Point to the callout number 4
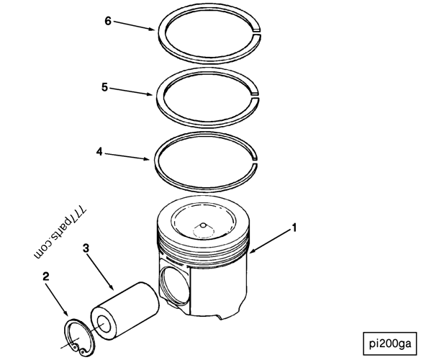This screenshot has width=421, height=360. point(99,151)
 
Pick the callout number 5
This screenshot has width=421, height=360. point(105,86)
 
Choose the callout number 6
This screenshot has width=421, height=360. point(108,21)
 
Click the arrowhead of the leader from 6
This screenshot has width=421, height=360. point(155,30)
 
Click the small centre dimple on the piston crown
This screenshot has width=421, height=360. point(203,225)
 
